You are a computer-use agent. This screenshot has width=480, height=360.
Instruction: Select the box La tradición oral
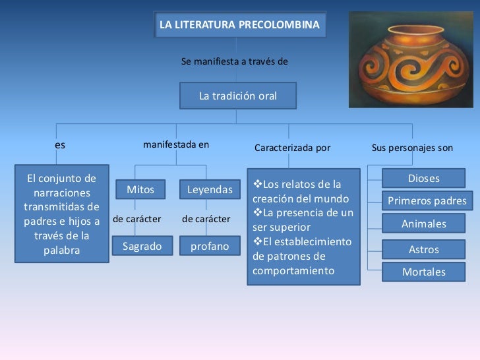238,96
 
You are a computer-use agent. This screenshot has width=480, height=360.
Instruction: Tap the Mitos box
140,190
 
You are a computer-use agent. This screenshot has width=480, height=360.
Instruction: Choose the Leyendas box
210,190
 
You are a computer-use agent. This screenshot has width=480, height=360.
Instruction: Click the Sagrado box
142,247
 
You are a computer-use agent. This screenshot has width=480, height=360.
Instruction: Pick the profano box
210,247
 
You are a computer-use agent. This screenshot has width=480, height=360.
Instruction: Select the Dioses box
424,179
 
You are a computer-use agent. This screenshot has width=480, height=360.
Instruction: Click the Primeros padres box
427,201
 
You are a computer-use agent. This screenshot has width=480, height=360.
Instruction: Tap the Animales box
424,224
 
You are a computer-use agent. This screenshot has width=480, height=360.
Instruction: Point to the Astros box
424,250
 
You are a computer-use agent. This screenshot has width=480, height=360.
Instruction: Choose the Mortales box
424,272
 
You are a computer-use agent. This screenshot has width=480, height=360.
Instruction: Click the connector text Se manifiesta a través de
234,61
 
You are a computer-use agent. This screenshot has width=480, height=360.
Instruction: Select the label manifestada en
176,144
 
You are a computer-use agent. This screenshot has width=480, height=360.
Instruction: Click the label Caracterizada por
292,148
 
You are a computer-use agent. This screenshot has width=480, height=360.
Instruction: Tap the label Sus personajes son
412,148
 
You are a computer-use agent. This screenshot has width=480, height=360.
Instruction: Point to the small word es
60,146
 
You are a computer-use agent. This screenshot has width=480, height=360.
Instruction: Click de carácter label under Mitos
137,218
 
